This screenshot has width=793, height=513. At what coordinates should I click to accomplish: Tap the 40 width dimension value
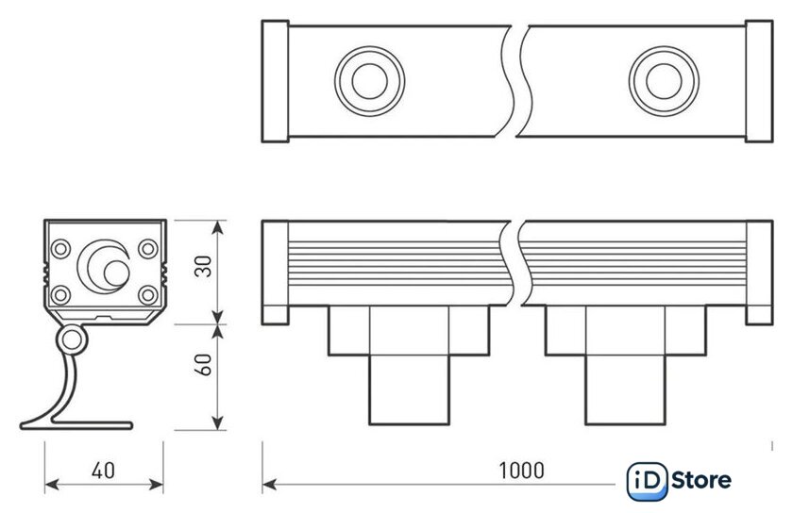pos(104,470)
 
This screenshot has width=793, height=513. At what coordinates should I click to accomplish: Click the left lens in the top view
pos(363,78)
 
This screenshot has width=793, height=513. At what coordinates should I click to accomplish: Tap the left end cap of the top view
pos(275,79)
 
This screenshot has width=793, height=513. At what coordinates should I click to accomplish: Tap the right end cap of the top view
pos(758,79)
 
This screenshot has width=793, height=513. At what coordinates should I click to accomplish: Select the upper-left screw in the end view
pos(61,249)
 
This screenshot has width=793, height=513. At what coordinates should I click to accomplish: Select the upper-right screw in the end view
pos(148,249)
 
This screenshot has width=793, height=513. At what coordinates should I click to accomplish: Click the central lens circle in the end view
pos(104,264)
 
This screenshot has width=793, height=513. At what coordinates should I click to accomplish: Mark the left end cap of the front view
pos(275,272)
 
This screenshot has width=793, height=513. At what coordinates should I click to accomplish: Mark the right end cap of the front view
pos(758,272)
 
